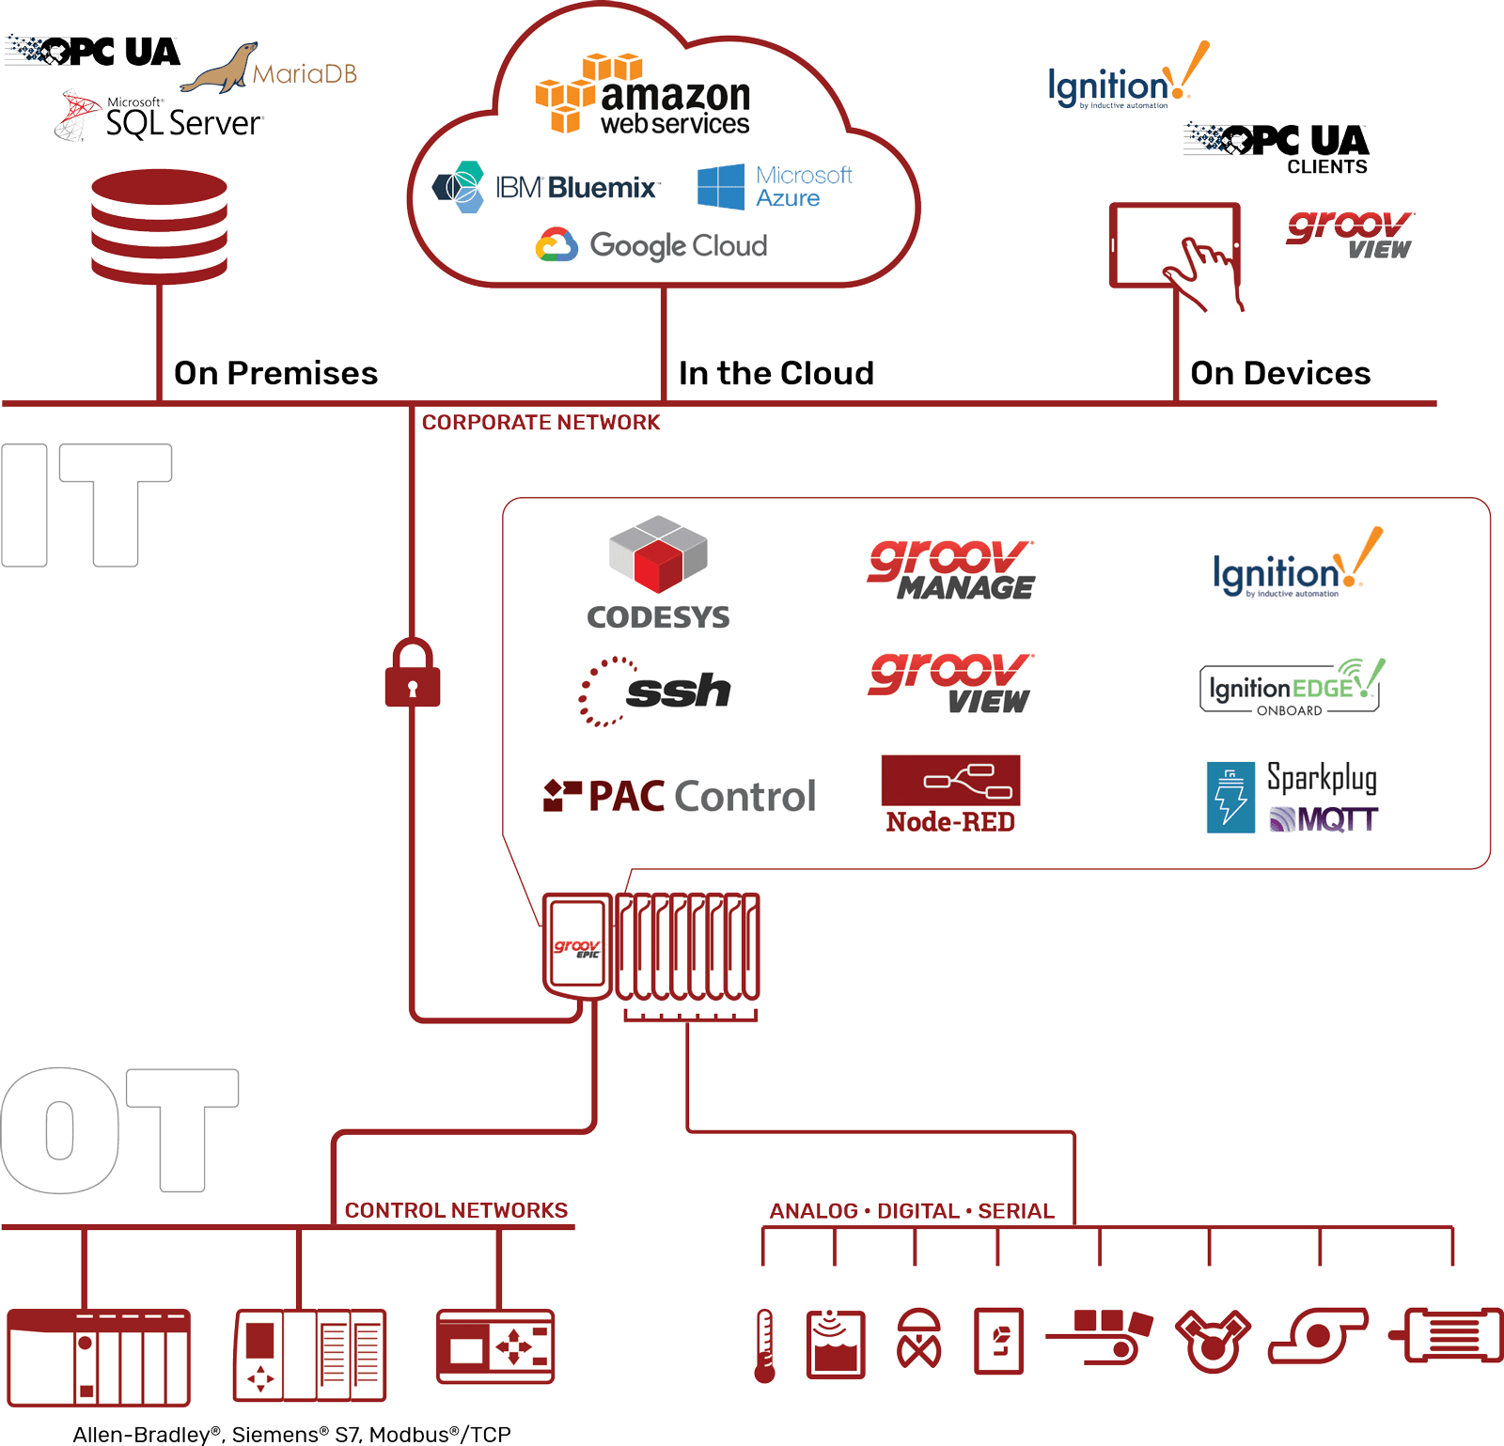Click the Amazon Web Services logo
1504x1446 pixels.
point(642,96)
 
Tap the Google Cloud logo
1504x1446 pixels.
point(651,245)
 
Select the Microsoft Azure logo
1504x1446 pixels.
point(775,186)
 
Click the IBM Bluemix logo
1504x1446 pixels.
point(545,187)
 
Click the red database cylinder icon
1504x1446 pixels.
point(159,225)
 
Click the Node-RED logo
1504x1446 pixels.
point(950,794)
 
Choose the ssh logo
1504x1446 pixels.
point(655,692)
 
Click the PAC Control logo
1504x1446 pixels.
point(680,796)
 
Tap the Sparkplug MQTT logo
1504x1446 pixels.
point(1292,798)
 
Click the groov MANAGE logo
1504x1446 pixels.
point(950,570)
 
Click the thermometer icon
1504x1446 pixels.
point(765,1345)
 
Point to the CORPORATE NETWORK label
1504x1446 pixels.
point(540,423)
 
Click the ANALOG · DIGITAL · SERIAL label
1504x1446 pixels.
point(912,1211)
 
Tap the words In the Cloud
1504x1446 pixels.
point(775,373)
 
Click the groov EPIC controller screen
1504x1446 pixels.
point(576,944)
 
